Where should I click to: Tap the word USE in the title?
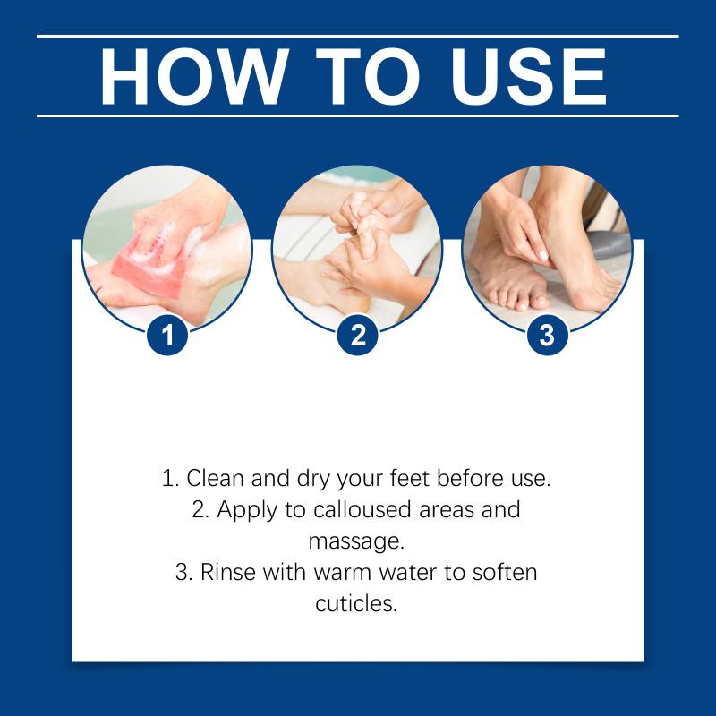(x=528, y=76)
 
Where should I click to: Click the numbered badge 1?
(x=167, y=335)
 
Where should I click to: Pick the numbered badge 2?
(x=357, y=335)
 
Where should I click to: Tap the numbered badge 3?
(x=548, y=335)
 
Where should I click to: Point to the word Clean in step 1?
(x=215, y=478)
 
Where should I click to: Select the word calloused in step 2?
(x=362, y=509)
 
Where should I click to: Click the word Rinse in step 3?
(x=227, y=572)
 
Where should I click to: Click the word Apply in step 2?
(x=247, y=510)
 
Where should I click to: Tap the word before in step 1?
(x=467, y=478)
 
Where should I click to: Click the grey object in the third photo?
(x=609, y=244)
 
